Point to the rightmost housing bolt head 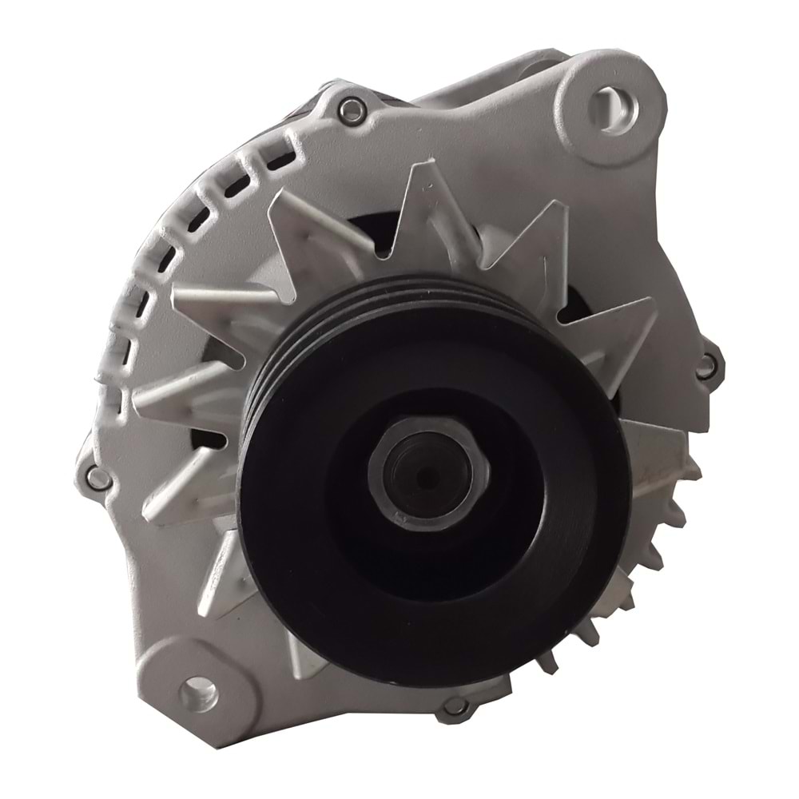tap(705, 367)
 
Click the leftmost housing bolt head tap(97, 478)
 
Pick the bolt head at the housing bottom tap(455, 706)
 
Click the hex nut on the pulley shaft tap(421, 471)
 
